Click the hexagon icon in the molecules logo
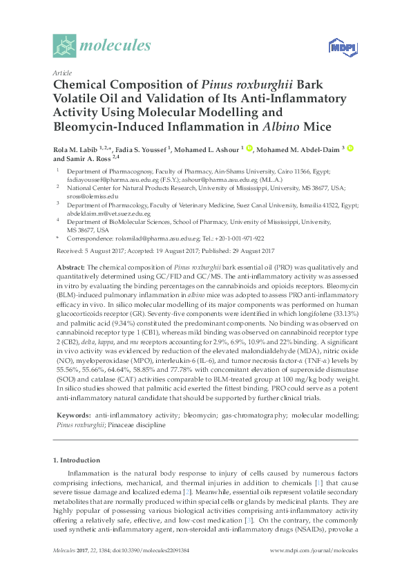(64, 46)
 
